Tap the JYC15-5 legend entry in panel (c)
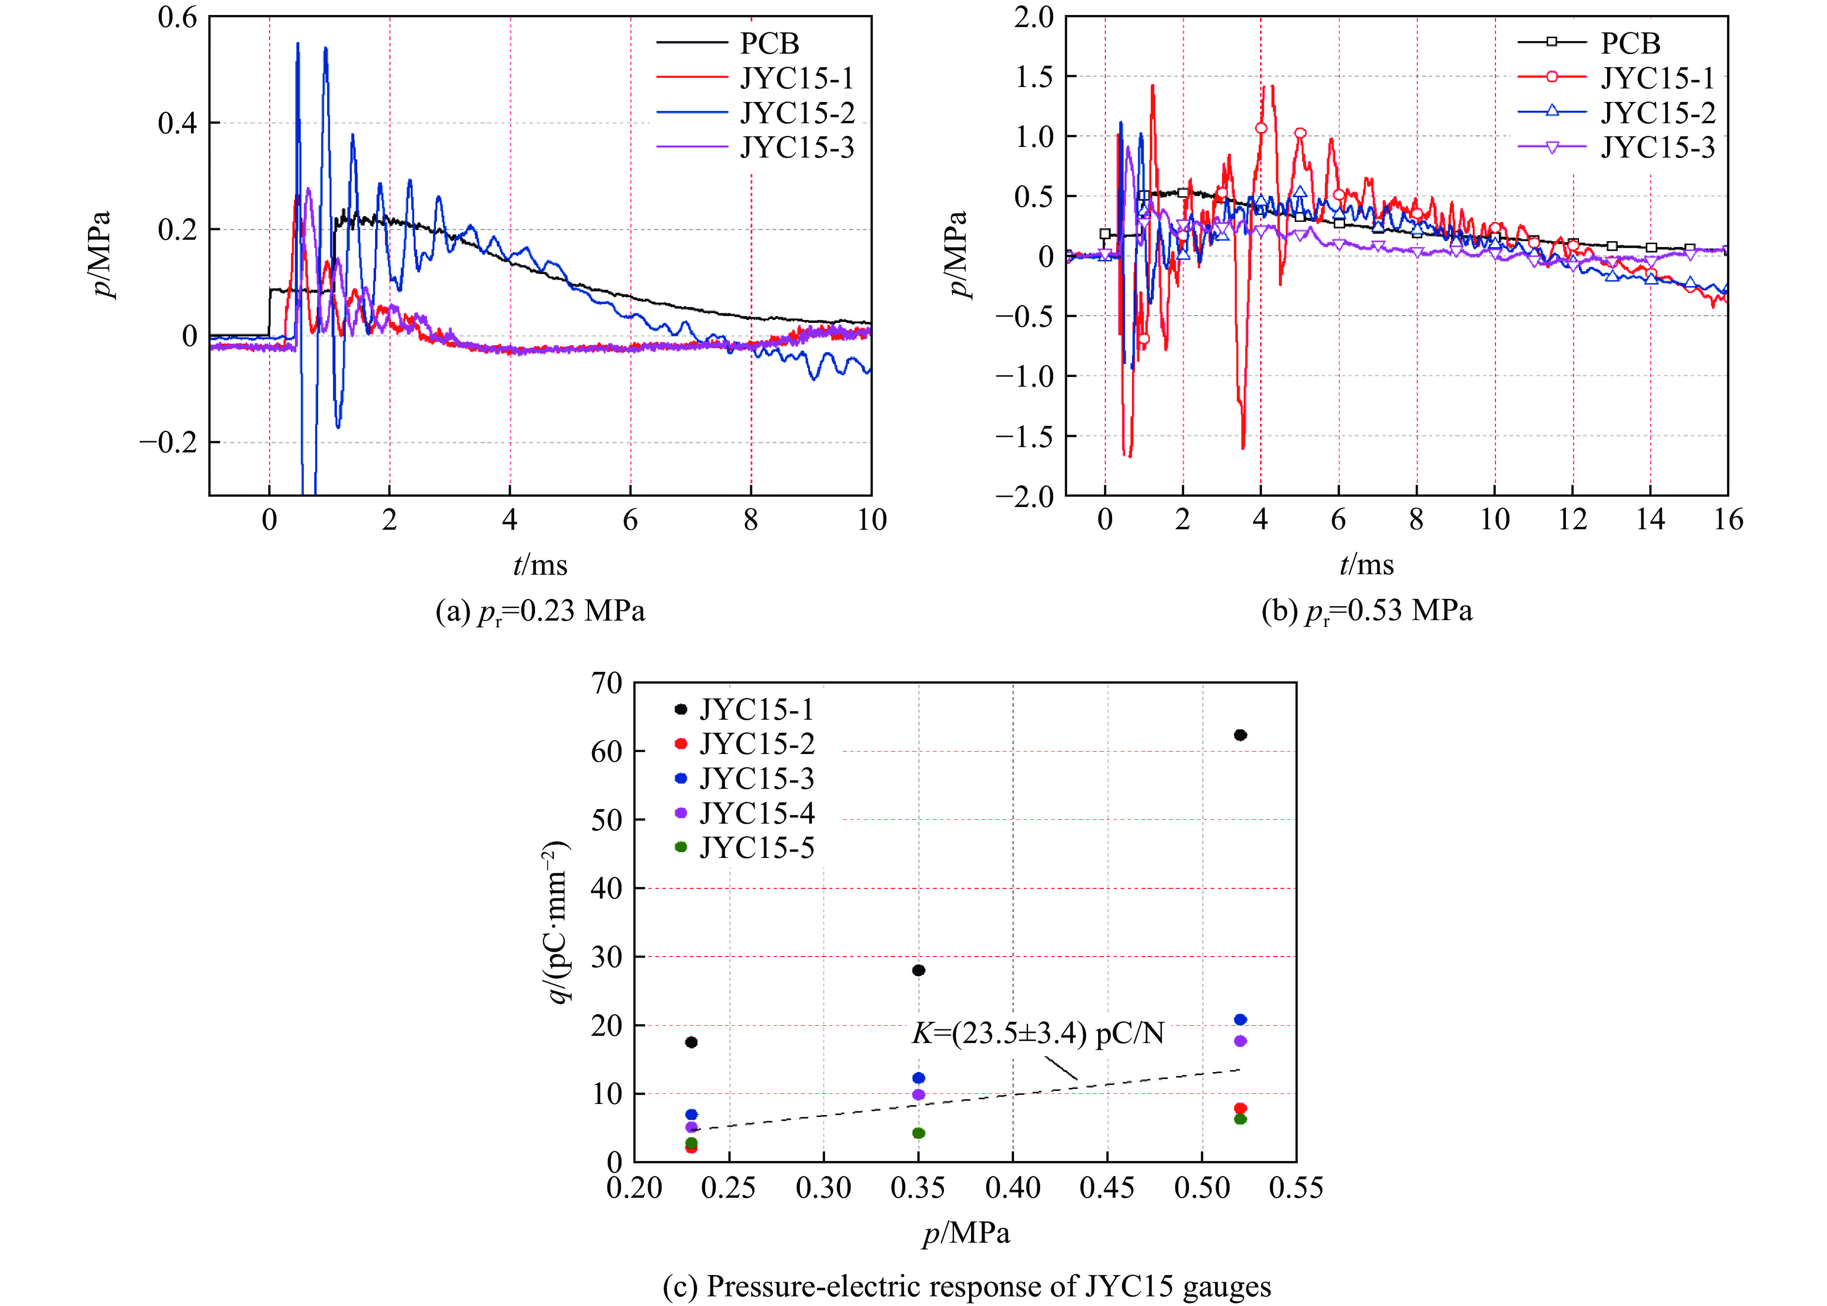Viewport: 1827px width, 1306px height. [x=756, y=848]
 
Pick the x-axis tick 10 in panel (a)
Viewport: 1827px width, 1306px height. [x=871, y=520]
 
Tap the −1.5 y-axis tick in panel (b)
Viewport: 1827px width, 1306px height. [x=1025, y=436]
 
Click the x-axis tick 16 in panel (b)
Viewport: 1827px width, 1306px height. [x=1727, y=520]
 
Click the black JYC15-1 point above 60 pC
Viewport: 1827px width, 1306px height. [x=1240, y=735]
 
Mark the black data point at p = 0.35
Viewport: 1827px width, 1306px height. [x=918, y=971]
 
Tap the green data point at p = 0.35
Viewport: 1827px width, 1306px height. [x=918, y=1133]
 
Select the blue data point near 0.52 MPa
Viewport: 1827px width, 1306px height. [x=1240, y=1020]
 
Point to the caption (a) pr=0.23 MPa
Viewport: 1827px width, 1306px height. [x=539, y=612]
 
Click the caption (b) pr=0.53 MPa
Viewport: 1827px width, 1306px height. [x=1366, y=612]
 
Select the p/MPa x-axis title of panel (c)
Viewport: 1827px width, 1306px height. [x=966, y=1233]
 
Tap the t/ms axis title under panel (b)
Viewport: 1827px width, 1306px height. [x=1366, y=566]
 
